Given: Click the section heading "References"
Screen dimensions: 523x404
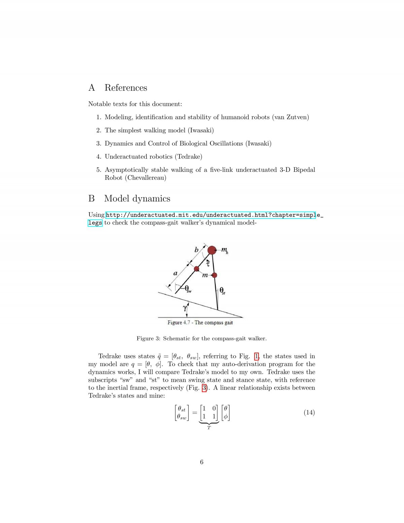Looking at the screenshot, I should click(x=126, y=88).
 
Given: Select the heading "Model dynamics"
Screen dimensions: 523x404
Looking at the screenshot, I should click(x=137, y=199).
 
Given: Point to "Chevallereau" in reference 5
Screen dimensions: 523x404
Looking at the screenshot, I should click(x=145, y=178).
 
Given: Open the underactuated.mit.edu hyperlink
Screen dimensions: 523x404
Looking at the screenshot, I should click(x=210, y=215).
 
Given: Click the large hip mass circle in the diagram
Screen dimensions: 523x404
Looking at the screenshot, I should click(x=212, y=250).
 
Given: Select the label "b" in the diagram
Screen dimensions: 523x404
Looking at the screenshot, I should click(x=196, y=250).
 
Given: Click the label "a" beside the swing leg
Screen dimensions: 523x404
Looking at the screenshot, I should click(x=175, y=273).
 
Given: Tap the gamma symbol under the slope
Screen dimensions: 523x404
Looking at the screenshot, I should click(x=185, y=307).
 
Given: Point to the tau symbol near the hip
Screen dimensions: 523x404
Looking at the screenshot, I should click(x=208, y=264).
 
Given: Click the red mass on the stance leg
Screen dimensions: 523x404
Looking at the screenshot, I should click(x=214, y=275).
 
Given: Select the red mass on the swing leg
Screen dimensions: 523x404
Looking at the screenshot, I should click(x=197, y=268).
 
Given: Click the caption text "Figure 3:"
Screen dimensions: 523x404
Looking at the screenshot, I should click(x=148, y=338).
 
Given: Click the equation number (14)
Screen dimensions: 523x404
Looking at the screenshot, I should click(x=309, y=413).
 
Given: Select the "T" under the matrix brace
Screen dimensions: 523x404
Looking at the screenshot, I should click(x=209, y=428).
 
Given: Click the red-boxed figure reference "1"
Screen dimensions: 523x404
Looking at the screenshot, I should click(x=257, y=356).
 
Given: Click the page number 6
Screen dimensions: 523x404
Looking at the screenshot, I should click(x=202, y=462).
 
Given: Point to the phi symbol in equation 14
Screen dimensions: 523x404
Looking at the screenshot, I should click(x=226, y=417).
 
